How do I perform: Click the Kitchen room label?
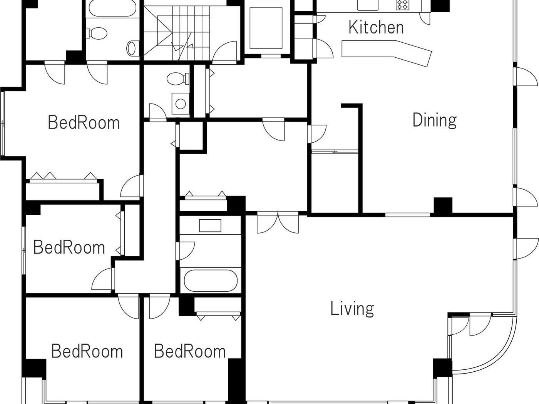click(376, 28)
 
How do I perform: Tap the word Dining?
click(434, 120)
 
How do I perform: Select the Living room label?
click(352, 309)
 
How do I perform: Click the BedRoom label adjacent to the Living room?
click(190, 351)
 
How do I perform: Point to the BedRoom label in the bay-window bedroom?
click(84, 123)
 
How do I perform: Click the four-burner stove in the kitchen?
click(402, 5)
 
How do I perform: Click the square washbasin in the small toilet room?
click(180, 104)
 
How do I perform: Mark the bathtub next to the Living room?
click(210, 280)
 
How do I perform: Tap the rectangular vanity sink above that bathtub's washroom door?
click(210, 225)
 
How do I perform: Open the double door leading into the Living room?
click(278, 222)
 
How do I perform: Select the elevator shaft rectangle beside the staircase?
click(266, 28)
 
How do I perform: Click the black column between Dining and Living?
click(443, 206)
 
